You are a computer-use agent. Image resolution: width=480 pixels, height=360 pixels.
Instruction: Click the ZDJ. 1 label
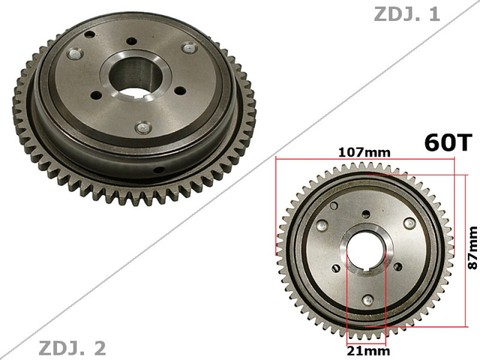pos(406,14)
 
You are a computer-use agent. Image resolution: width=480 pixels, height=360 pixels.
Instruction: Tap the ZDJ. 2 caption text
pos(72,347)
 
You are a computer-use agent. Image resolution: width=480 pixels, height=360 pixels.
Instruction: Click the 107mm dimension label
pos(363,152)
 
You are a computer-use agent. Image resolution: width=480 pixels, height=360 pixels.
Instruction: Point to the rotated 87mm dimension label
pos(472,248)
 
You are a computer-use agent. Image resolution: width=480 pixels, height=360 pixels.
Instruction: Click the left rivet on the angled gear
pos(74,54)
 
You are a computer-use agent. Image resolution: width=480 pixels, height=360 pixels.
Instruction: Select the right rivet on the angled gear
pos(189,47)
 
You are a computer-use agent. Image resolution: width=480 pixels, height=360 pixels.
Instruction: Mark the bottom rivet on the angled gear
pos(142,127)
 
